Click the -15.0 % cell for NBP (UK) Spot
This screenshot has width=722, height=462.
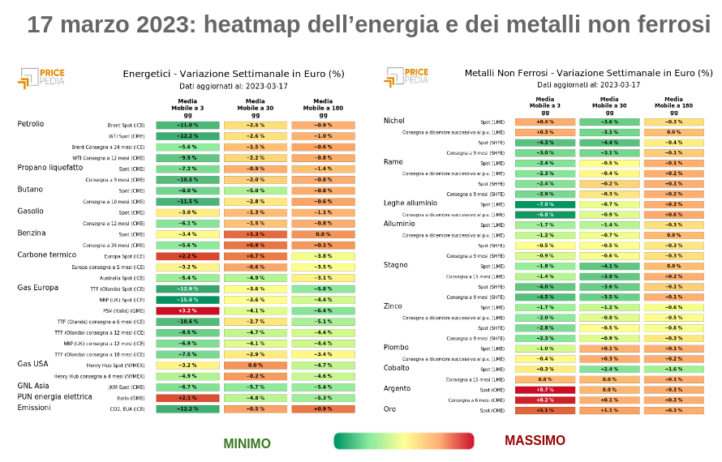coord(188,300)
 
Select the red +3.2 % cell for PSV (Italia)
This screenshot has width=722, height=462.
coord(188,310)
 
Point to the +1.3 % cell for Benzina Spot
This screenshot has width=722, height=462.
coord(256,233)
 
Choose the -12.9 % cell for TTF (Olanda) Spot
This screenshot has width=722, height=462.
coord(188,289)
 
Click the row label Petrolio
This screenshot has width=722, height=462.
coord(31,124)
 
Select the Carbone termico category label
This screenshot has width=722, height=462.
coord(47,255)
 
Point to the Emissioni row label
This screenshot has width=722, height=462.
coord(34,408)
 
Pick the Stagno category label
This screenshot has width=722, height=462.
coord(396,264)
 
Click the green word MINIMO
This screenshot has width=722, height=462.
coord(247,443)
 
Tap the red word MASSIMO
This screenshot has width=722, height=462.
coord(535,440)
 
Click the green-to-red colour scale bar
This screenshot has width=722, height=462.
coord(404,441)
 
